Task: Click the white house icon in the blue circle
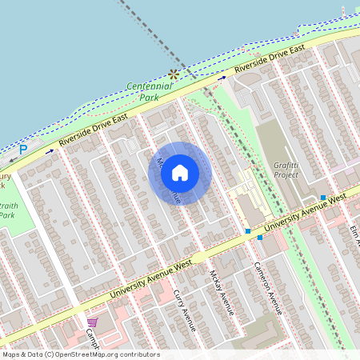[x=180, y=172]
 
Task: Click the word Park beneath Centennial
[x=149, y=97]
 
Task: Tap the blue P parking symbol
[x=23, y=149]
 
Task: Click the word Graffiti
[x=286, y=163]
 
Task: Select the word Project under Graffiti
[x=286, y=174]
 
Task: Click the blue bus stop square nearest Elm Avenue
[x=323, y=198]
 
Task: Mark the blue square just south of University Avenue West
[x=259, y=238]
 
